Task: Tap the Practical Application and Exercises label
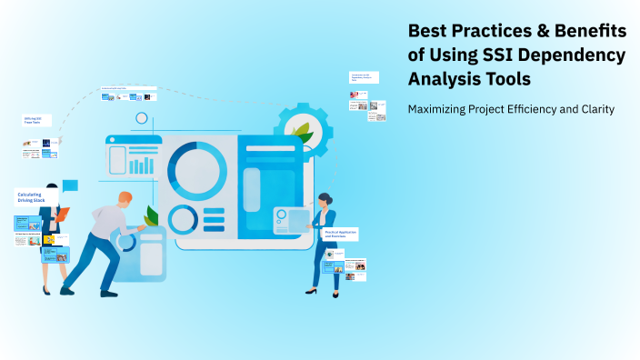tap(341, 234)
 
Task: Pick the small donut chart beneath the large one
tap(183, 219)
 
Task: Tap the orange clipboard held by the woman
tap(61, 215)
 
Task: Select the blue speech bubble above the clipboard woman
tap(70, 185)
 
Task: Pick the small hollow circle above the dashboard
tap(141, 118)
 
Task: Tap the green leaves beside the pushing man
tap(151, 216)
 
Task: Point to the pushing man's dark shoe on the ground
tap(66, 291)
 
